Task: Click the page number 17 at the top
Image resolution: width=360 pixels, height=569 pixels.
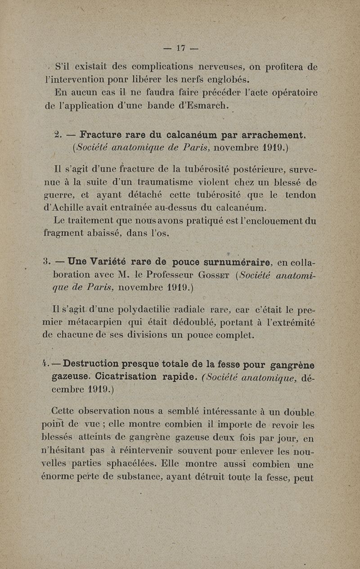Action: [181, 48]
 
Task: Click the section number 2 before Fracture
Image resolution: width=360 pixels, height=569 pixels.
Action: [57, 134]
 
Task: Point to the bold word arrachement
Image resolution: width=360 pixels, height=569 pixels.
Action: [274, 134]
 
